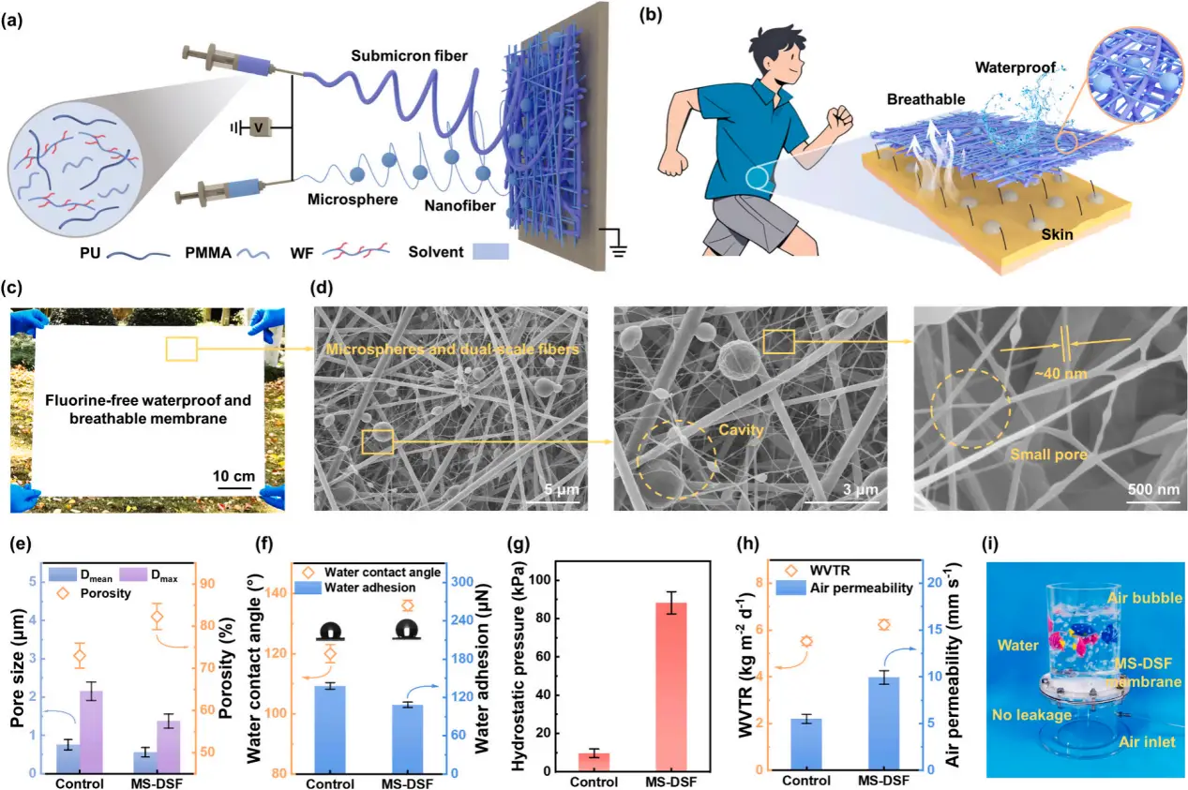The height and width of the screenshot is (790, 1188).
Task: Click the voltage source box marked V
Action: pyautogui.click(x=247, y=125)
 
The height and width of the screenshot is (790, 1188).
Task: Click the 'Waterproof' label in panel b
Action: pyautogui.click(x=1015, y=67)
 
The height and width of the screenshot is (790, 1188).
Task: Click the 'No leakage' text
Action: pyautogui.click(x=1031, y=714)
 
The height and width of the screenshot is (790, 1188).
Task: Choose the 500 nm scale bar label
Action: pyautogui.click(x=1150, y=489)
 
